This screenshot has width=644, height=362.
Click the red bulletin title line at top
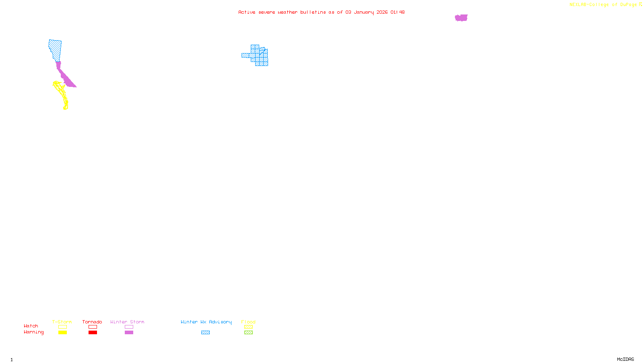coord(321,12)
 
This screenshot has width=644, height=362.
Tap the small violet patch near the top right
coord(461,18)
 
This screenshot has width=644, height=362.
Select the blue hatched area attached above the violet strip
coord(56,49)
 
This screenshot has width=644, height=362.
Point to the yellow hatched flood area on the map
coord(62,93)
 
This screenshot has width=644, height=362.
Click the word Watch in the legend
coord(31,326)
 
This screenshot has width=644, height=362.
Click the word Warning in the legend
coord(33,332)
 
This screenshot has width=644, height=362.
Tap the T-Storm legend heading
coord(62,322)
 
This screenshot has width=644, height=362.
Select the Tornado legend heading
coord(92,322)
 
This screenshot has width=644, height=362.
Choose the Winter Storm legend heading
coord(127,322)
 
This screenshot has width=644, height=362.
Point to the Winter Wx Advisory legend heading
coord(206,322)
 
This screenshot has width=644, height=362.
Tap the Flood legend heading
coord(248,322)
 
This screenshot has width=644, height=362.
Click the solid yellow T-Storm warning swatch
coord(62,333)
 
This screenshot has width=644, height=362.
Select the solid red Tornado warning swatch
coord(93,333)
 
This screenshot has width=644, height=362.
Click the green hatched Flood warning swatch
coord(248,333)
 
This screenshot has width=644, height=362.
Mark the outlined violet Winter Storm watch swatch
coord(129,327)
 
